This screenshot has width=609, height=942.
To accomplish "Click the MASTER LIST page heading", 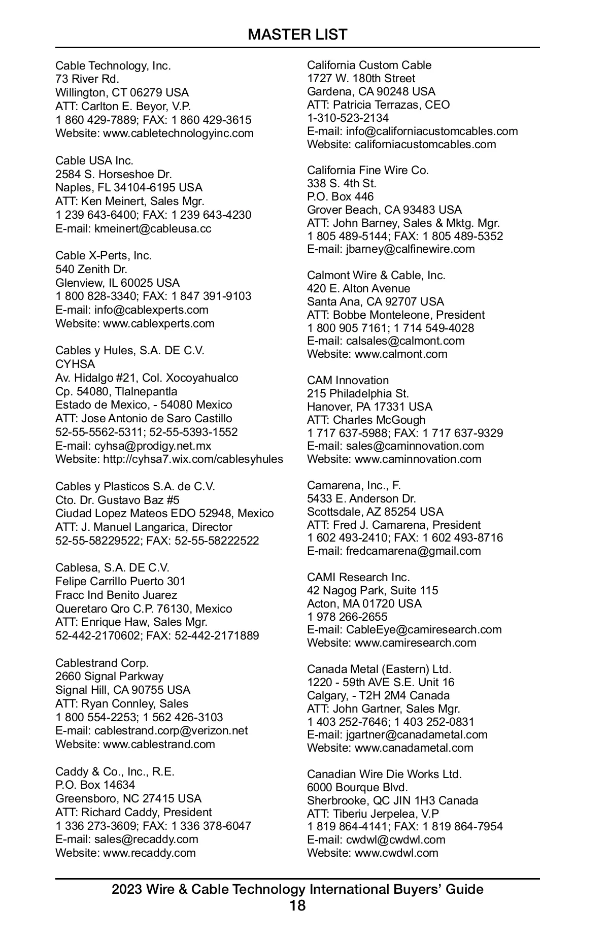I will click(x=297, y=35).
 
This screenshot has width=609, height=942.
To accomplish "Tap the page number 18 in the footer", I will click(x=297, y=906).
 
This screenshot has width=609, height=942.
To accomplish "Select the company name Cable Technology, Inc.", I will click(x=113, y=65).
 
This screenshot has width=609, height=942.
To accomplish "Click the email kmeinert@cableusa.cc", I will click(x=153, y=228).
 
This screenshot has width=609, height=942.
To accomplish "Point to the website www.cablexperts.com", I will click(x=159, y=323).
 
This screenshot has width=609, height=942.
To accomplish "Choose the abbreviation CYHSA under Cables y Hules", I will click(x=75, y=364).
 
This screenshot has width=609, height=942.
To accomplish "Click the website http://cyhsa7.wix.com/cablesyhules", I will click(x=193, y=459).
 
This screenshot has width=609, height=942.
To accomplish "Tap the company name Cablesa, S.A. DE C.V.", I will click(x=113, y=567).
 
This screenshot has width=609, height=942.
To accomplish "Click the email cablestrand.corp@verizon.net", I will click(x=171, y=730).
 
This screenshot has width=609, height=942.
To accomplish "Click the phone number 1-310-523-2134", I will click(x=348, y=118).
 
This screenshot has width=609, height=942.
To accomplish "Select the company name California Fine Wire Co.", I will click(x=368, y=170).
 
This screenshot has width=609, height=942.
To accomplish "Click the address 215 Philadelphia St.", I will click(x=358, y=393).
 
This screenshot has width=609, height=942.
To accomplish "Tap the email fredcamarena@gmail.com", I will click(x=413, y=551).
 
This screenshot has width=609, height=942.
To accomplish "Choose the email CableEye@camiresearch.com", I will click(x=424, y=629).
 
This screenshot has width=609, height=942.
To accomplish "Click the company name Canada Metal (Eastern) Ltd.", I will click(x=379, y=669).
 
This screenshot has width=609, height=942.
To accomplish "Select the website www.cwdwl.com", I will click(x=396, y=853).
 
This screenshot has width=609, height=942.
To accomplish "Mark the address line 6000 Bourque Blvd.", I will click(x=357, y=787).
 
